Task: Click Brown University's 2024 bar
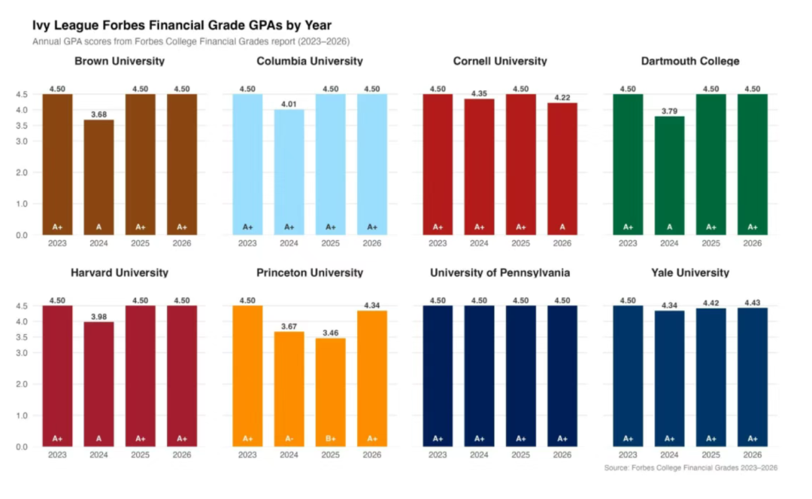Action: click(x=99, y=177)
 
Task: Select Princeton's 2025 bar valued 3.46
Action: click(x=330, y=392)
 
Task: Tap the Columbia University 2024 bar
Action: click(x=289, y=172)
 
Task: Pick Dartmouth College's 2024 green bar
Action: click(x=669, y=175)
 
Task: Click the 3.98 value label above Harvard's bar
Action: click(x=99, y=317)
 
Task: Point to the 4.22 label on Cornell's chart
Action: click(x=562, y=97)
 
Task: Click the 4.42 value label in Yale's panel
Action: click(x=710, y=303)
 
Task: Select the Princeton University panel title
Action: click(x=310, y=272)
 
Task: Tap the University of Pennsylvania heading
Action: click(x=500, y=272)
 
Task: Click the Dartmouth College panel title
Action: click(x=689, y=61)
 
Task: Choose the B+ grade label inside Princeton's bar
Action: click(x=330, y=438)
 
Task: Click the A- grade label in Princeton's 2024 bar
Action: click(x=289, y=438)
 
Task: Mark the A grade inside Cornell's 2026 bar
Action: click(x=562, y=227)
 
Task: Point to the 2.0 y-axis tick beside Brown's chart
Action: click(x=22, y=172)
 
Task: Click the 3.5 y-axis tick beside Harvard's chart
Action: click(x=22, y=337)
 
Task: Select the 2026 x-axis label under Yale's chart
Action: click(x=752, y=455)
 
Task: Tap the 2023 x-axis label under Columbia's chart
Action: click(x=247, y=243)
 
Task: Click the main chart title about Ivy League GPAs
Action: click(x=182, y=25)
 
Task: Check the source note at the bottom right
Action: click(x=690, y=467)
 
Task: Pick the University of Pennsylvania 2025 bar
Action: click(x=520, y=376)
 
